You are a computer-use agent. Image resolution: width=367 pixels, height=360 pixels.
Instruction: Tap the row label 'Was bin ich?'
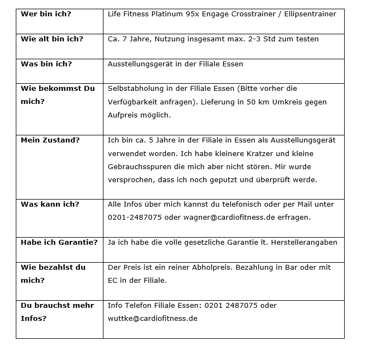pos(46,64)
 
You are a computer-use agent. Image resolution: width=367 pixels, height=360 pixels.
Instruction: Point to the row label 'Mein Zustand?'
pos(50,140)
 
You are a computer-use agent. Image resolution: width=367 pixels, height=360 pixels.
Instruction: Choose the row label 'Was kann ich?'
pos(50,204)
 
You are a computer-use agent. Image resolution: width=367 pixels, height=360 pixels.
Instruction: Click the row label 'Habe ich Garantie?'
pos(59,242)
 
